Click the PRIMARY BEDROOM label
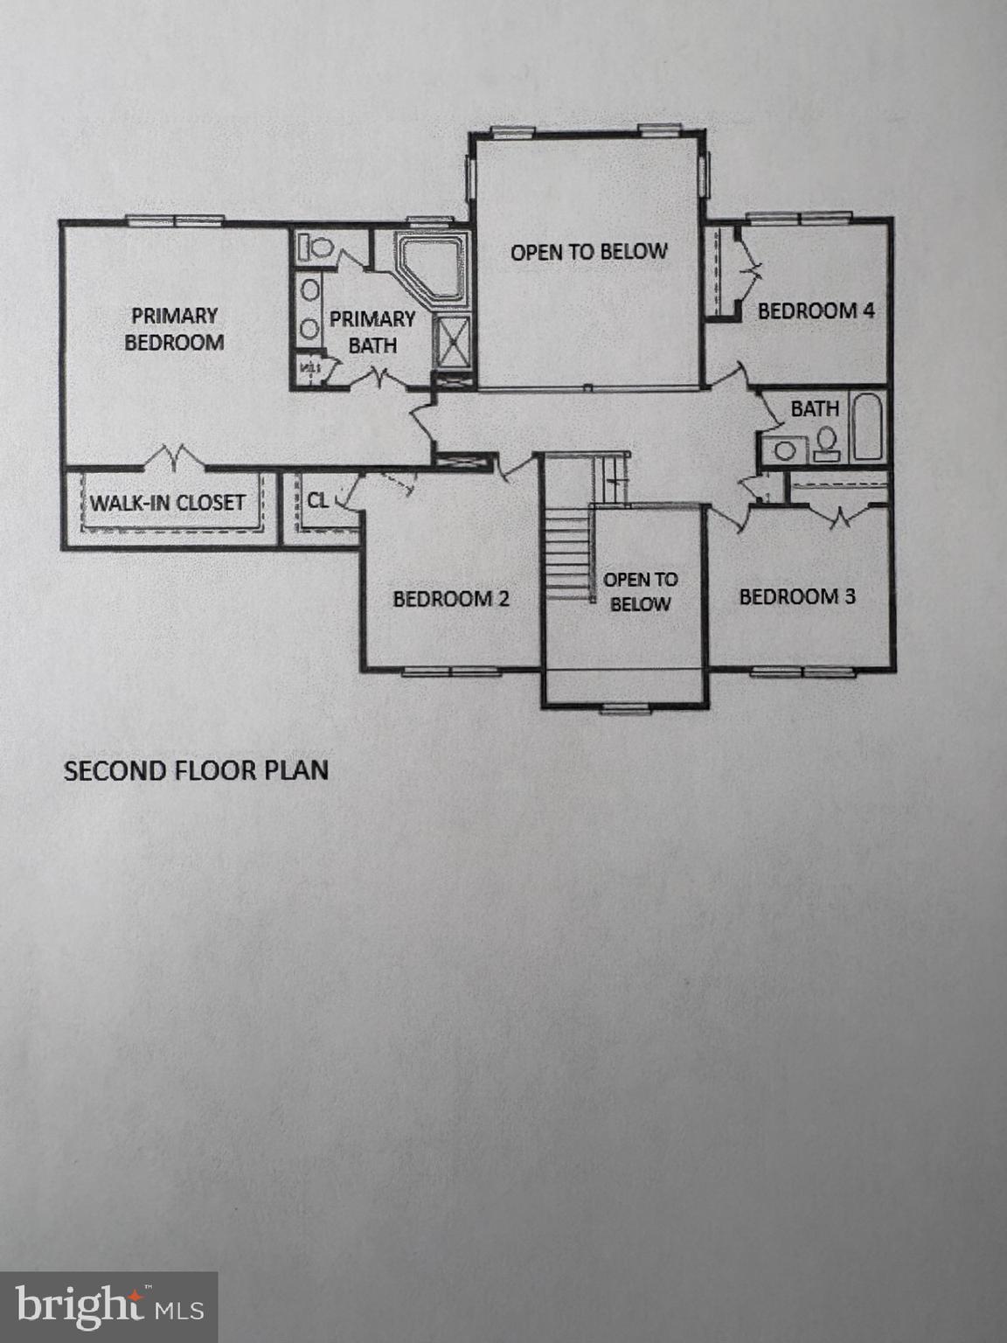[x=174, y=329]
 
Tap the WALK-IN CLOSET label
[x=167, y=503]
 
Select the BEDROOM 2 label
[x=450, y=599]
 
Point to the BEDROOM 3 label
[x=797, y=597]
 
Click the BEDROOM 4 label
[x=816, y=310]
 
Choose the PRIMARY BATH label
[x=372, y=332]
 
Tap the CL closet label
[x=317, y=501]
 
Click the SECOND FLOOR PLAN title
[x=196, y=770]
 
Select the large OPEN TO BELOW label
[x=588, y=252]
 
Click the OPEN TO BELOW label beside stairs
[x=640, y=591]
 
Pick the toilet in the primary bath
[x=315, y=247]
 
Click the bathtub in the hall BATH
[x=868, y=427]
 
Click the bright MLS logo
[x=108, y=1307]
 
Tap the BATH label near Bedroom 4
[x=814, y=408]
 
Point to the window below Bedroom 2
[x=451, y=671]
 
